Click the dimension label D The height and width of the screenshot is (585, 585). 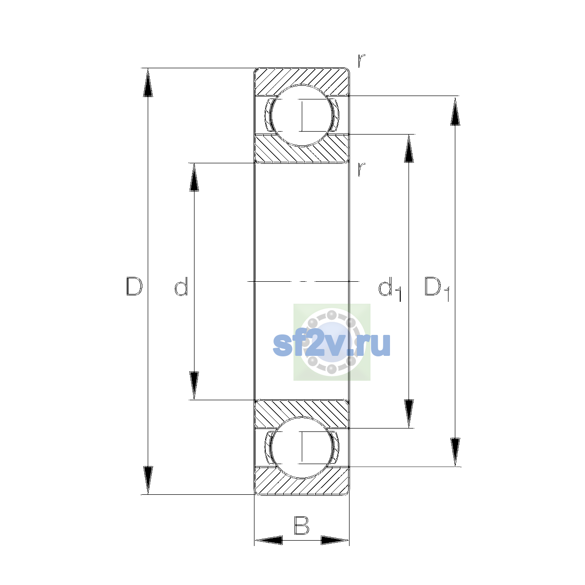coord(134,286)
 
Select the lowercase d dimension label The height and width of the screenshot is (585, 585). coord(181,286)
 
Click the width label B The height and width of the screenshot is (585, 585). coord(301,525)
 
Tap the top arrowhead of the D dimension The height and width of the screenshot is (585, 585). coord(148,82)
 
